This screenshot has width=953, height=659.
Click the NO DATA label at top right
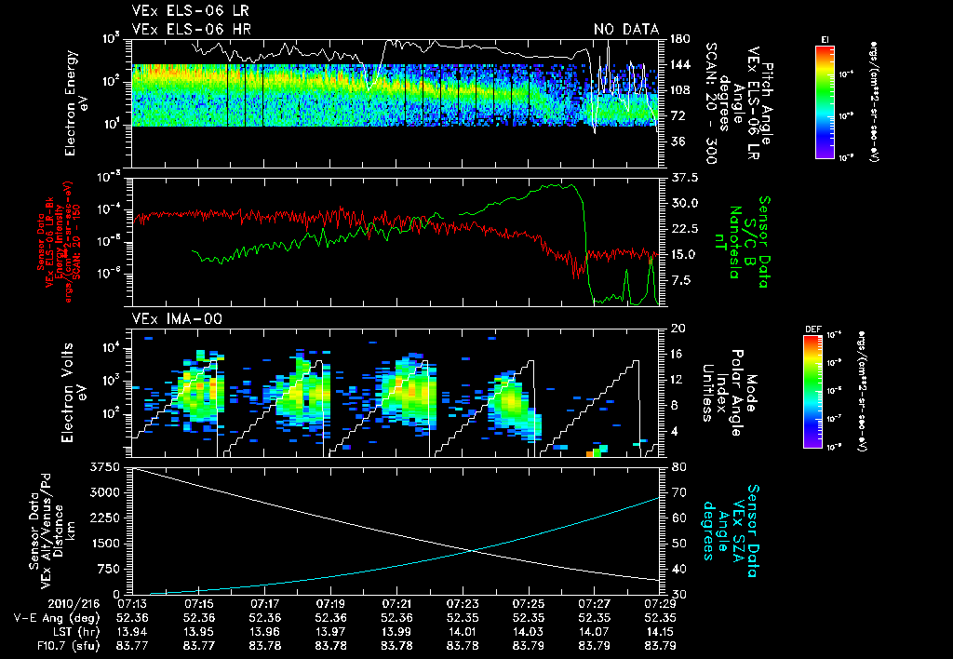pos(626,30)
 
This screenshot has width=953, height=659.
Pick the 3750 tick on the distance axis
pos(104,465)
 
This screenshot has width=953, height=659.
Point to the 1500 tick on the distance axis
pos(108,543)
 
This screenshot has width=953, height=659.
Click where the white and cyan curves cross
pos(473,550)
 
